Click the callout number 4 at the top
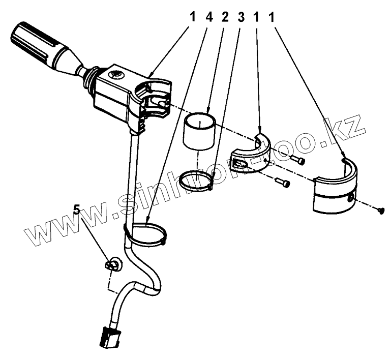click(209, 17)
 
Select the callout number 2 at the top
click(225, 17)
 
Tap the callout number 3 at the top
click(241, 17)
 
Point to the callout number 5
click(77, 209)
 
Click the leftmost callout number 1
click(193, 17)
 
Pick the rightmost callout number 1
click(272, 17)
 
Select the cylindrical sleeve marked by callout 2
click(199, 132)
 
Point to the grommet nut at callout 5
click(113, 264)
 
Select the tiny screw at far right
click(381, 211)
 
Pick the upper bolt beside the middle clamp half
click(297, 160)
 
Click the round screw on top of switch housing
click(116, 75)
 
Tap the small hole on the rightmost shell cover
click(350, 192)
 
